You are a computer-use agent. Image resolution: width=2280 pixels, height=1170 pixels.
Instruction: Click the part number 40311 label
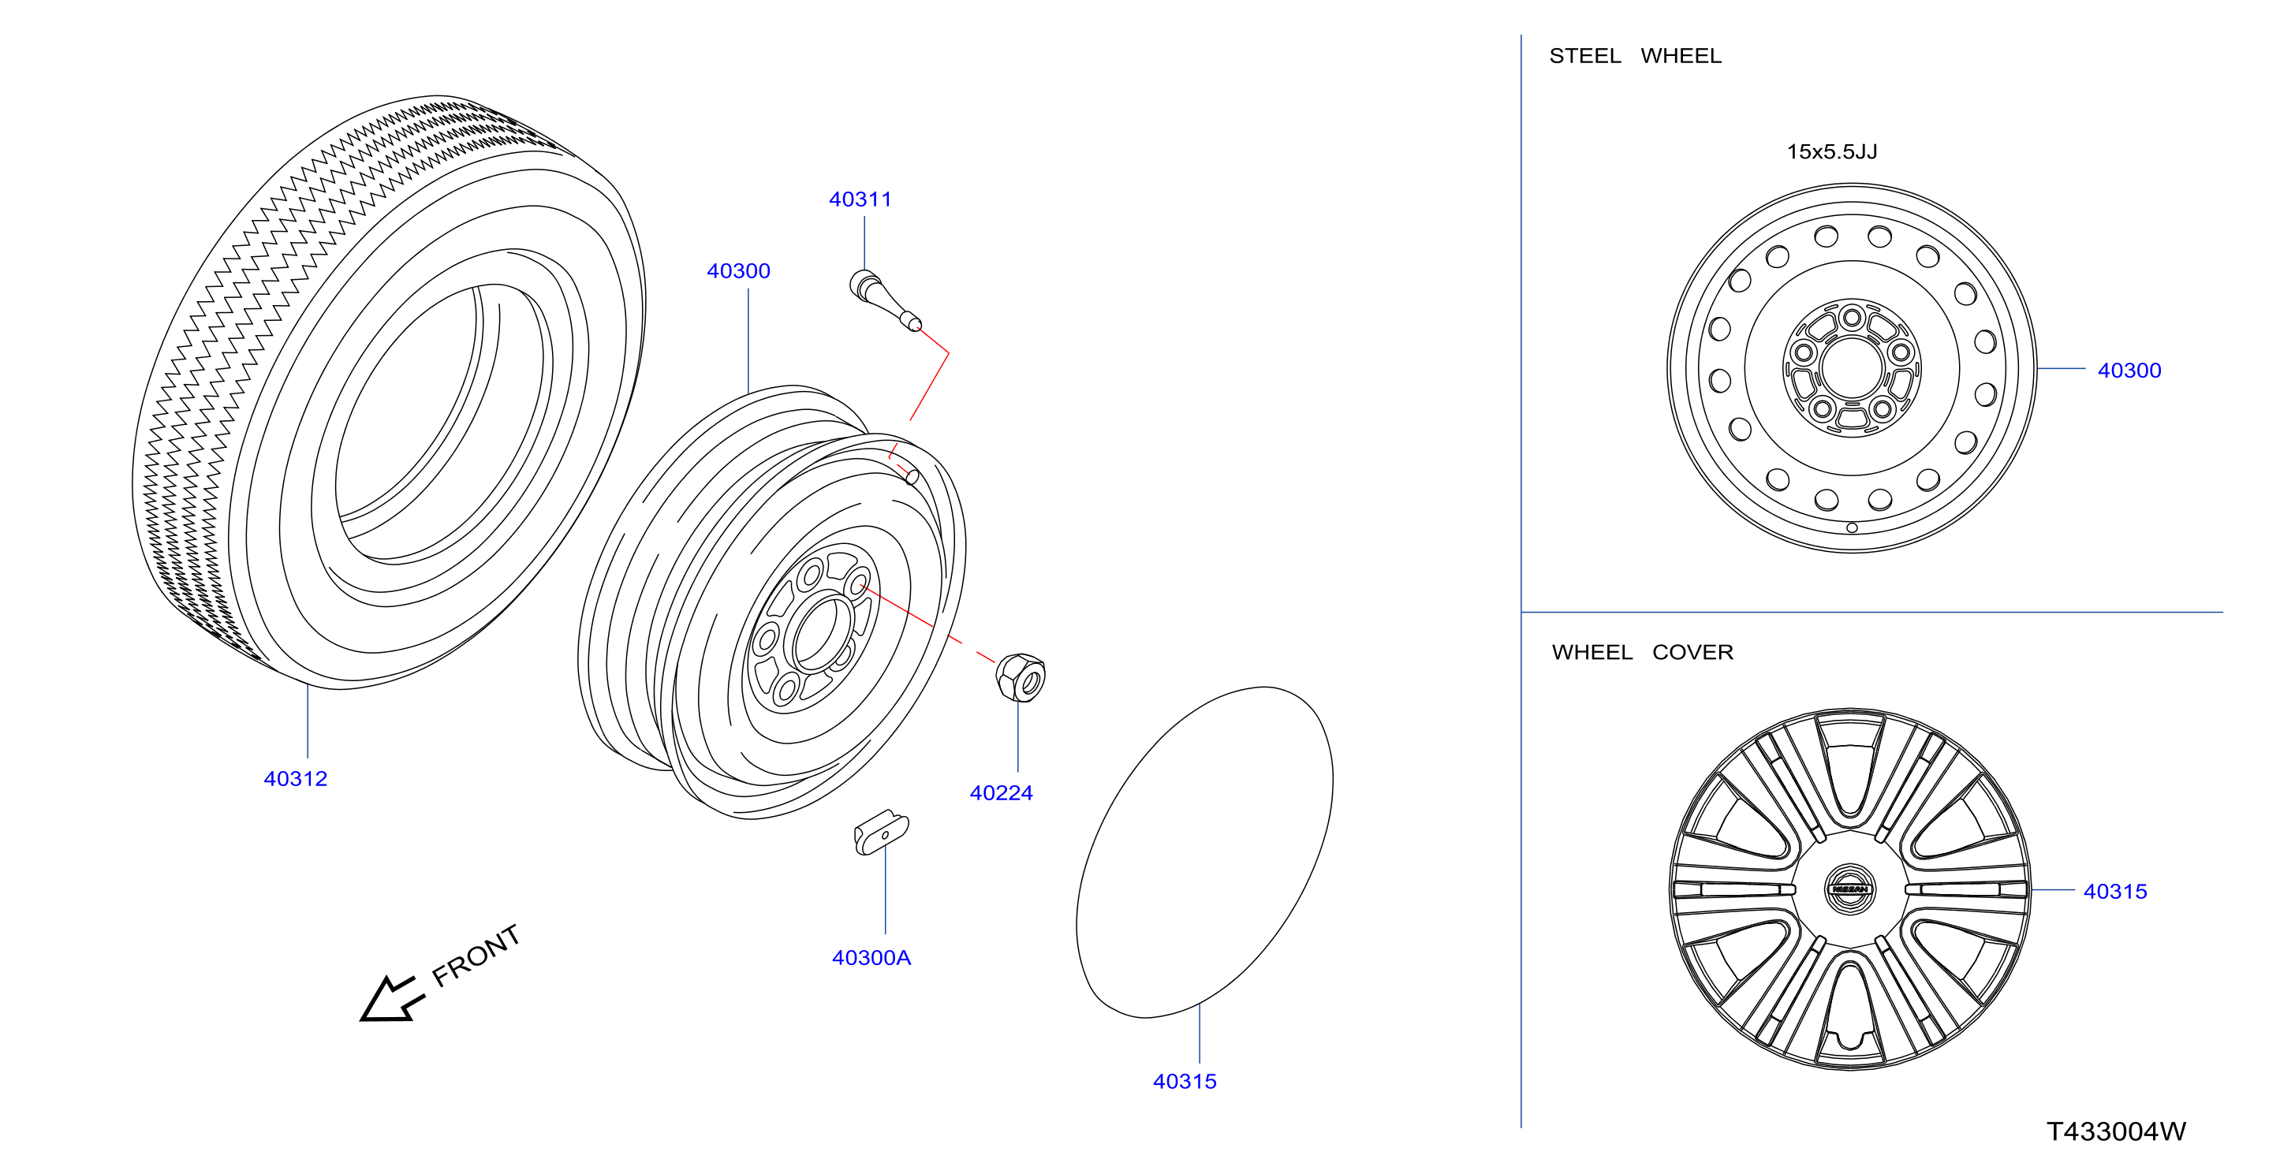coord(860,199)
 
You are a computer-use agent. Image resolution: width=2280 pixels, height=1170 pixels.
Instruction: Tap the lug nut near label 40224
coord(1021,677)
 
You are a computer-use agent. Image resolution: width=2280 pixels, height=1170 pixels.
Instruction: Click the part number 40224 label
coord(1001,793)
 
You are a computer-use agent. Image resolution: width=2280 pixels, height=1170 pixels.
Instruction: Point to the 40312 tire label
coord(296,779)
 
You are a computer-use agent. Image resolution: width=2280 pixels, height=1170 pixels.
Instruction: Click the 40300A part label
coord(871,958)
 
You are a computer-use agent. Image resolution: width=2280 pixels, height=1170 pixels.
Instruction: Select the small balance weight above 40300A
coord(882,832)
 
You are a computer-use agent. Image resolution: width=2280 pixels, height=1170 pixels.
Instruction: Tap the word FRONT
coord(476,955)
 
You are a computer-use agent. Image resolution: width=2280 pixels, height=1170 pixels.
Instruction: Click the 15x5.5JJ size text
coord(1831,151)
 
